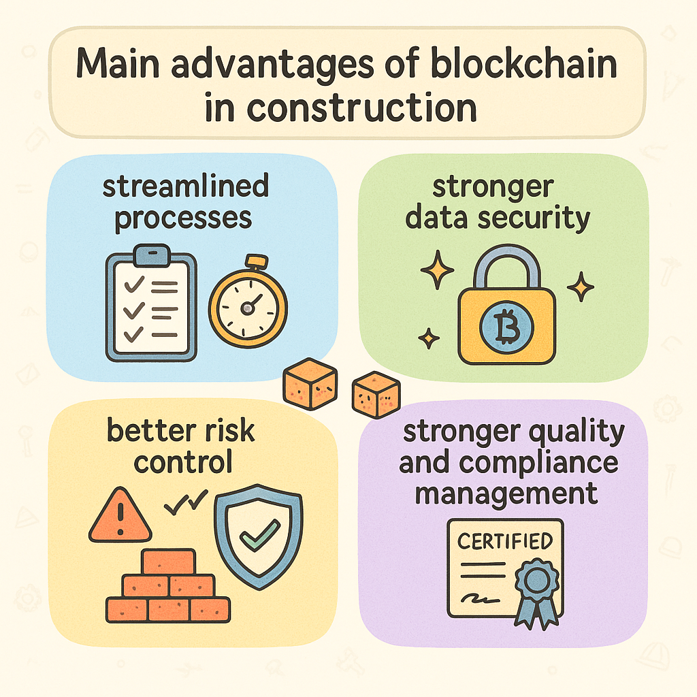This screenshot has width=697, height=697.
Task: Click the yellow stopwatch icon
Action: coord(248,304)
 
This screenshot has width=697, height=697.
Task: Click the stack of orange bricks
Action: coord(169,587)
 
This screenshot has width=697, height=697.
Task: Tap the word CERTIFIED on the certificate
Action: coord(504,542)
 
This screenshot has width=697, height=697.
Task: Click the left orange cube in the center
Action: coord(310,384)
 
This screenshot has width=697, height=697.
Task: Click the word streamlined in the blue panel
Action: coord(186,187)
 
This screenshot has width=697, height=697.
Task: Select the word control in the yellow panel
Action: coord(183,462)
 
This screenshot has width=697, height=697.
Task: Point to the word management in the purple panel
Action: coord(506,491)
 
